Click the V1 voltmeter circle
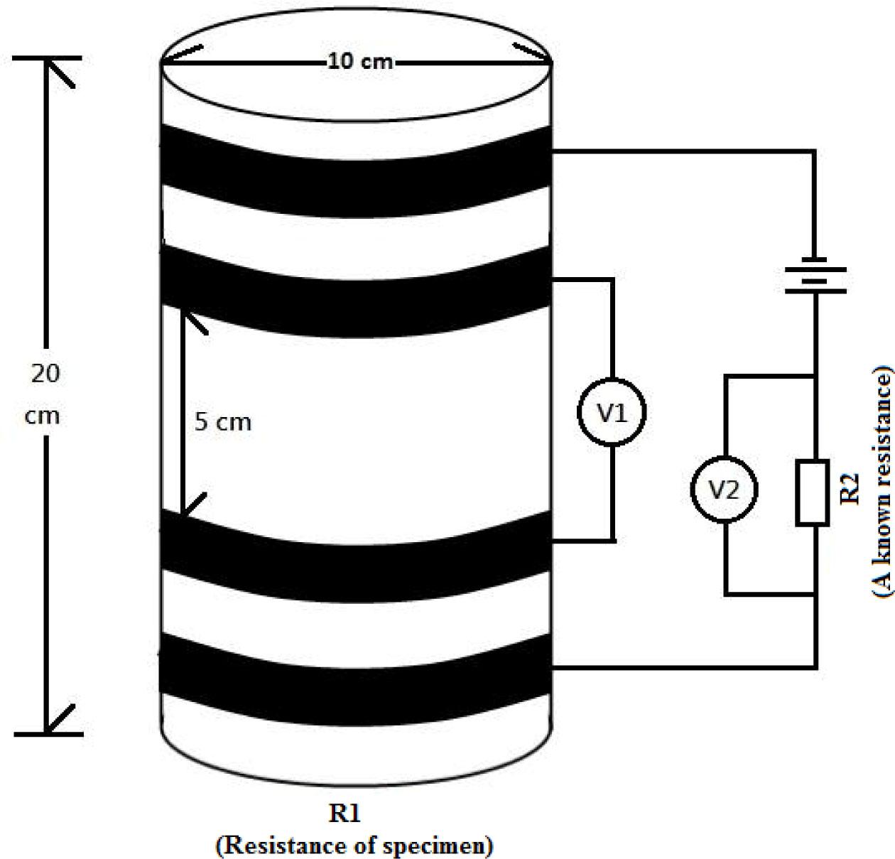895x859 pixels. (x=612, y=413)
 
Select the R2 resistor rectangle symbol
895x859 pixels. (x=813, y=472)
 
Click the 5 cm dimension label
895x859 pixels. (x=223, y=422)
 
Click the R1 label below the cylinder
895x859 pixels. (x=345, y=813)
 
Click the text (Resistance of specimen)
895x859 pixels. (x=354, y=845)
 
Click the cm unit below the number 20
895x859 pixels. (x=43, y=415)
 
